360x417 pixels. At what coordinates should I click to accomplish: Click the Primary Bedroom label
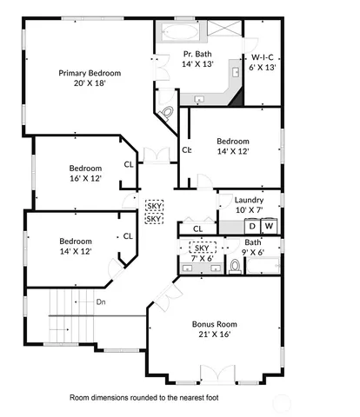90,73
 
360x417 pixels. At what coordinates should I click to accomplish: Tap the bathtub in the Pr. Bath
178,35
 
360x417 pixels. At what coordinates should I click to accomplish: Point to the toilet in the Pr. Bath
169,112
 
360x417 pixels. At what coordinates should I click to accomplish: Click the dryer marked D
252,226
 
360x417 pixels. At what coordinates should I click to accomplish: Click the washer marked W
269,226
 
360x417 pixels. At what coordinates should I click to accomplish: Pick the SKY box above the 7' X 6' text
202,248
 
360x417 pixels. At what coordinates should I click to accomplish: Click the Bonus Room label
214,324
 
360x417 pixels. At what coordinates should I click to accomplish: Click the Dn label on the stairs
101,302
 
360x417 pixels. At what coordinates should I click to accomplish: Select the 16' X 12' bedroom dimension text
86,178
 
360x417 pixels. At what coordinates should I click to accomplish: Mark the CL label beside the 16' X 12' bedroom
129,163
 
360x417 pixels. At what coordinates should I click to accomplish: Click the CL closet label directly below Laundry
197,228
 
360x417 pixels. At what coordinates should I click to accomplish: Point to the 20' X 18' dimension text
90,84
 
